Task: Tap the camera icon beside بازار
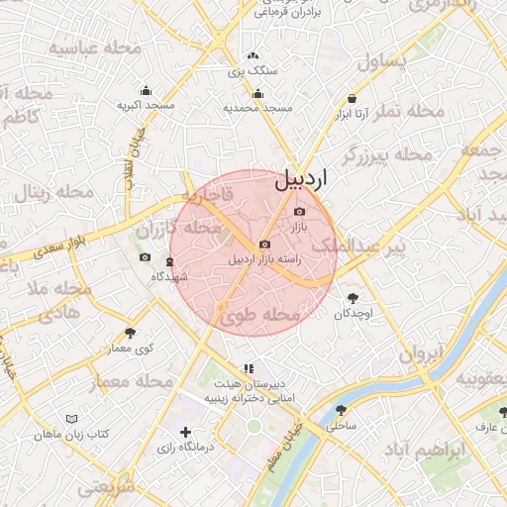click(300, 211)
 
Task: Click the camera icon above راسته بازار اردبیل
click(264, 245)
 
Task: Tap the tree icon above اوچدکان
click(352, 296)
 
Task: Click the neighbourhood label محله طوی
click(260, 316)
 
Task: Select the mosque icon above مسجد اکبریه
click(146, 91)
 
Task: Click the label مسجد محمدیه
click(257, 107)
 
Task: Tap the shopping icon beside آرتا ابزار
click(353, 99)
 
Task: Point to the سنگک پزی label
click(253, 71)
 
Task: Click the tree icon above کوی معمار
click(130, 334)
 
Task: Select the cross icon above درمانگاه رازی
click(185, 432)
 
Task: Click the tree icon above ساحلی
click(341, 410)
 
